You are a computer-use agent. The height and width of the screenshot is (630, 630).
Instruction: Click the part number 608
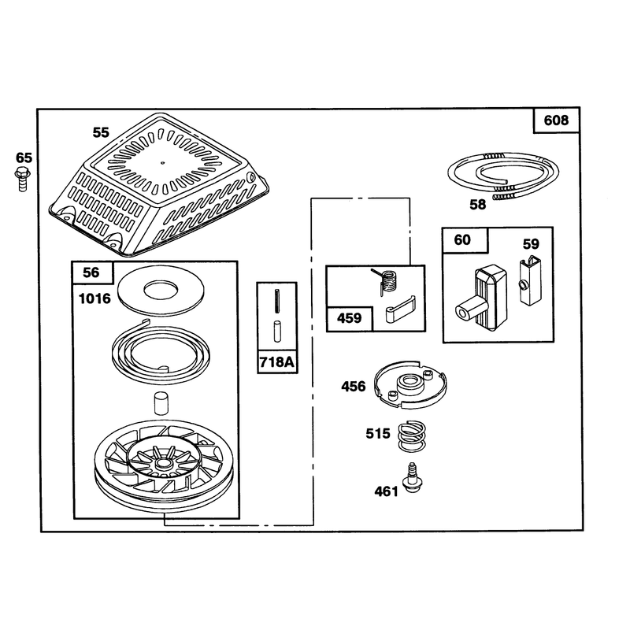pos(556,120)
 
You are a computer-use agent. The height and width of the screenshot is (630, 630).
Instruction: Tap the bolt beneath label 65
pos(23,180)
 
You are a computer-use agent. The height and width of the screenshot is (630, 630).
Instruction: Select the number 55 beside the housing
pos(101,132)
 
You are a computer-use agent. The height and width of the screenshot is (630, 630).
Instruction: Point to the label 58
pos(478,205)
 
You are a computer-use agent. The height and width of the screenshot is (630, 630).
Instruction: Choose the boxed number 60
pos(462,240)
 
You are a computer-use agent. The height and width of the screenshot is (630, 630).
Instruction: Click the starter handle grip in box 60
pos(481,298)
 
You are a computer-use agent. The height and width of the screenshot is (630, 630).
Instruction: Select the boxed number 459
pos(349,318)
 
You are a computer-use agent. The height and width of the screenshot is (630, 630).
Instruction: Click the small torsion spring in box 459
pos(387,281)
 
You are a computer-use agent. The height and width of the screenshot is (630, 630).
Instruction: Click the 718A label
pos(277,362)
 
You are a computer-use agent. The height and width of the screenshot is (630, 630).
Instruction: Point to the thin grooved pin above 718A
pos(277,301)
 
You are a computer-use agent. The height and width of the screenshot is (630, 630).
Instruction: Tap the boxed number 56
pos(91,272)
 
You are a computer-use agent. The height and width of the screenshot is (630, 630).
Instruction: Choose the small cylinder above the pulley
pos(161,403)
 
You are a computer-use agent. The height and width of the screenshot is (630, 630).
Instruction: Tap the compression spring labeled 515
pos(411,436)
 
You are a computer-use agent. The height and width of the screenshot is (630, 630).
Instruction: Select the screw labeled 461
pos(413,478)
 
